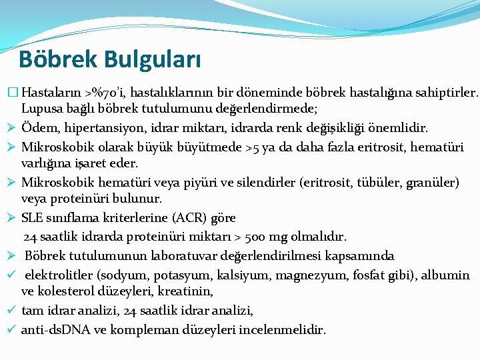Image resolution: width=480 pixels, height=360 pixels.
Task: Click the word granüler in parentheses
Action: coord(435,182)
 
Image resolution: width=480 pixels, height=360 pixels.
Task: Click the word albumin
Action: coord(447,275)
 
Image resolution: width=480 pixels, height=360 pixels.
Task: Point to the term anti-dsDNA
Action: coord(54,329)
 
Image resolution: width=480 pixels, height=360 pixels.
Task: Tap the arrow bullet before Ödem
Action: coord(11,127)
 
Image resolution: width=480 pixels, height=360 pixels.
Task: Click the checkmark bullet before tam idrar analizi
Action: coord(11,310)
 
